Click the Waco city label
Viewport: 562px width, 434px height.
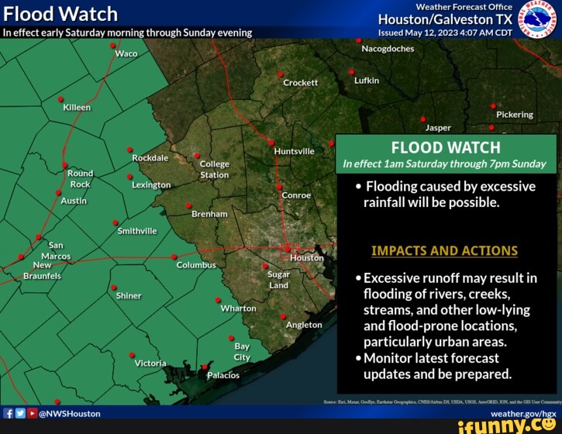pos(126,53)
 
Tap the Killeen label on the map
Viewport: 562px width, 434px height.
pos(77,108)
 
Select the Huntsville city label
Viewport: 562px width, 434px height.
pos(294,151)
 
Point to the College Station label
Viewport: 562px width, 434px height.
pos(215,169)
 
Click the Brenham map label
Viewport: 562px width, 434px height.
pos(210,213)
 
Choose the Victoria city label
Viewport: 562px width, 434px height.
pos(150,363)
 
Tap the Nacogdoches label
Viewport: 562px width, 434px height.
pos(388,48)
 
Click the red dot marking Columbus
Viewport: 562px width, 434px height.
pos(174,257)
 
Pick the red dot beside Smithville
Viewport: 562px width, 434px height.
pos(116,222)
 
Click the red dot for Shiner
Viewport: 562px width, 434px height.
pos(113,287)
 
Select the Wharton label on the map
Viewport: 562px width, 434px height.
pos(238,308)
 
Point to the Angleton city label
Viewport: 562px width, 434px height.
pos(304,325)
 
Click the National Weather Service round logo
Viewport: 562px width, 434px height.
pos(536,19)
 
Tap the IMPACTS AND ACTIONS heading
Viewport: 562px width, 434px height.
pos(444,250)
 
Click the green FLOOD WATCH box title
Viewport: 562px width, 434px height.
pos(446,147)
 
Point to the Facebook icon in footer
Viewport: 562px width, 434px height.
pos(8,414)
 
